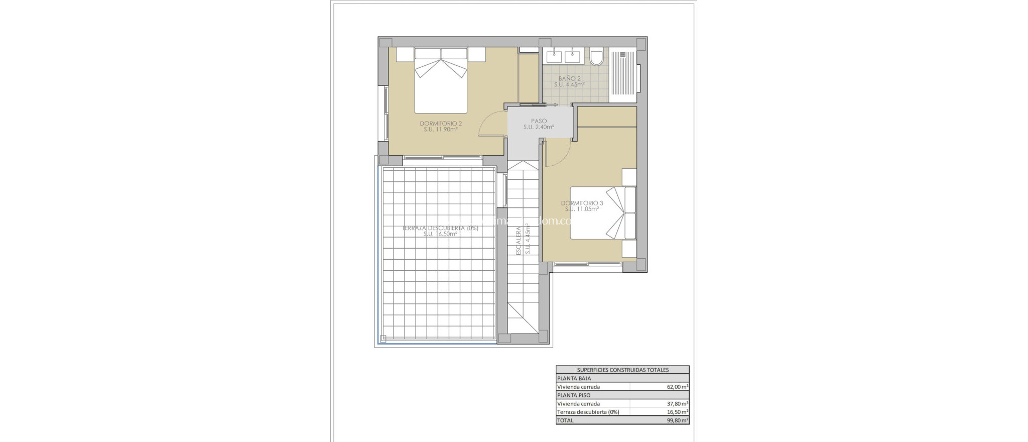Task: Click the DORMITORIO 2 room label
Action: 441,124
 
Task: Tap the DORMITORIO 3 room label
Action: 582,203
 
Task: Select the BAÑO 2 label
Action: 569,79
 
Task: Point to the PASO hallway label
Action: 539,121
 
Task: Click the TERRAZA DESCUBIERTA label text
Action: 440,228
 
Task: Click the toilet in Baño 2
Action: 597,58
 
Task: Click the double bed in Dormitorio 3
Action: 602,213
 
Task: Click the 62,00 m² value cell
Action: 677,387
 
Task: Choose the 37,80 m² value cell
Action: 677,403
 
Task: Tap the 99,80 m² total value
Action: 677,420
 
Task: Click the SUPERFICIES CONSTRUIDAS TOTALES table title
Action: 622,370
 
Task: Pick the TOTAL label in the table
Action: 565,420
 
